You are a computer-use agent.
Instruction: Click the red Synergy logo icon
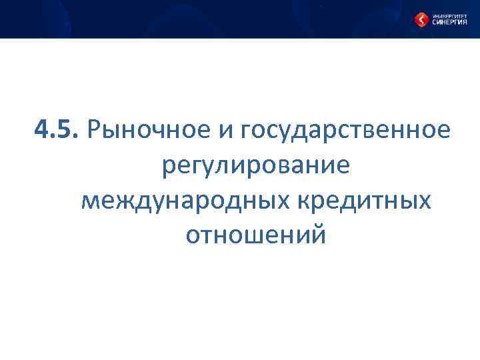tap(421, 20)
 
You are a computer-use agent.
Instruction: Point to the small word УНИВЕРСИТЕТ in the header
tap(448, 15)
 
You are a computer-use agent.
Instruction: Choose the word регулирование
tap(255, 165)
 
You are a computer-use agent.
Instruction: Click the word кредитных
tap(365, 200)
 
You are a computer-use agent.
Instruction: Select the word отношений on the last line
tap(256, 235)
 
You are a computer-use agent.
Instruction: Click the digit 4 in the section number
tap(42, 129)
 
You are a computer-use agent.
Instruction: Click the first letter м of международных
tap(90, 201)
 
